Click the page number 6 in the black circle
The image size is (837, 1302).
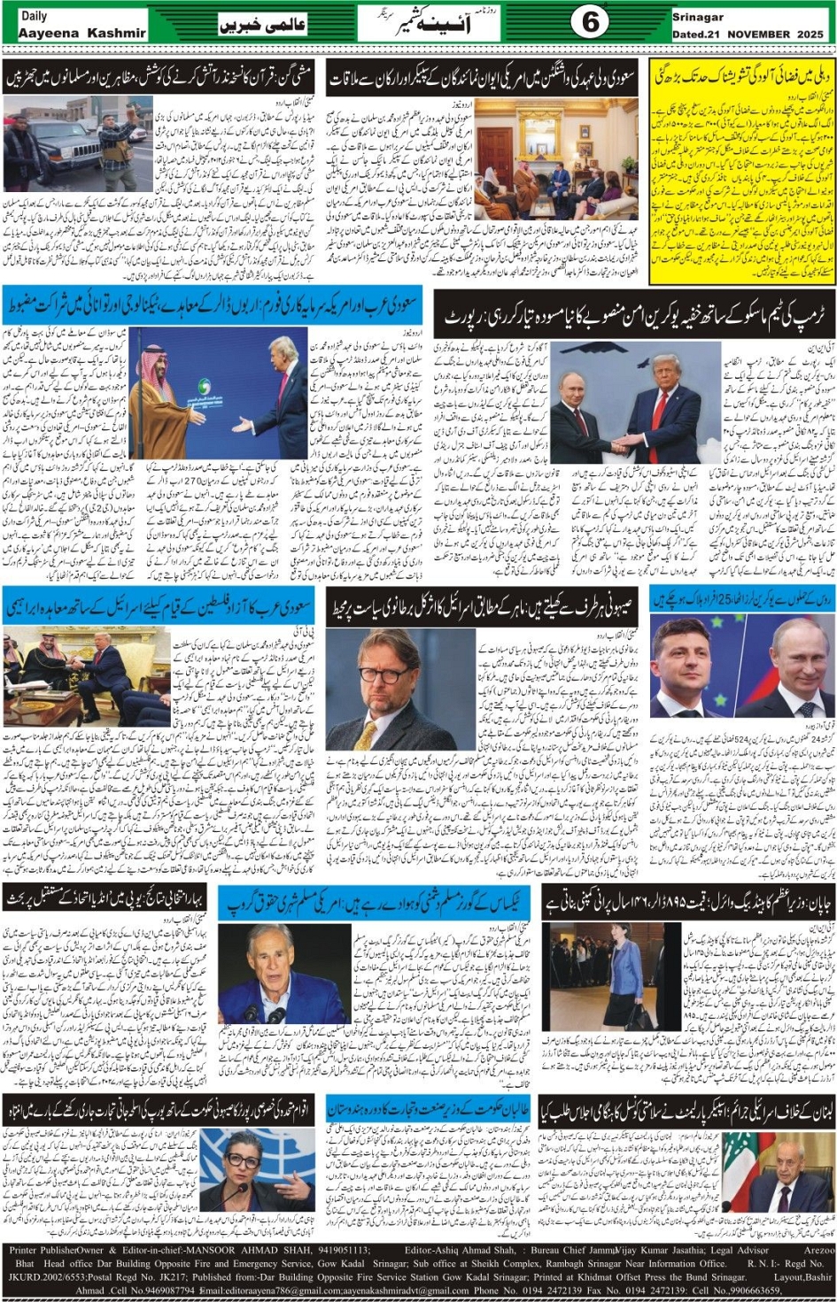pyautogui.click(x=589, y=21)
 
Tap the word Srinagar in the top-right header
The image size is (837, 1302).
pyautogui.click(x=698, y=17)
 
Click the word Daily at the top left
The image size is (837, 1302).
pyautogui.click(x=35, y=15)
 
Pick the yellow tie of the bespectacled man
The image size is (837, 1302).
pyautogui.click(x=366, y=735)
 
